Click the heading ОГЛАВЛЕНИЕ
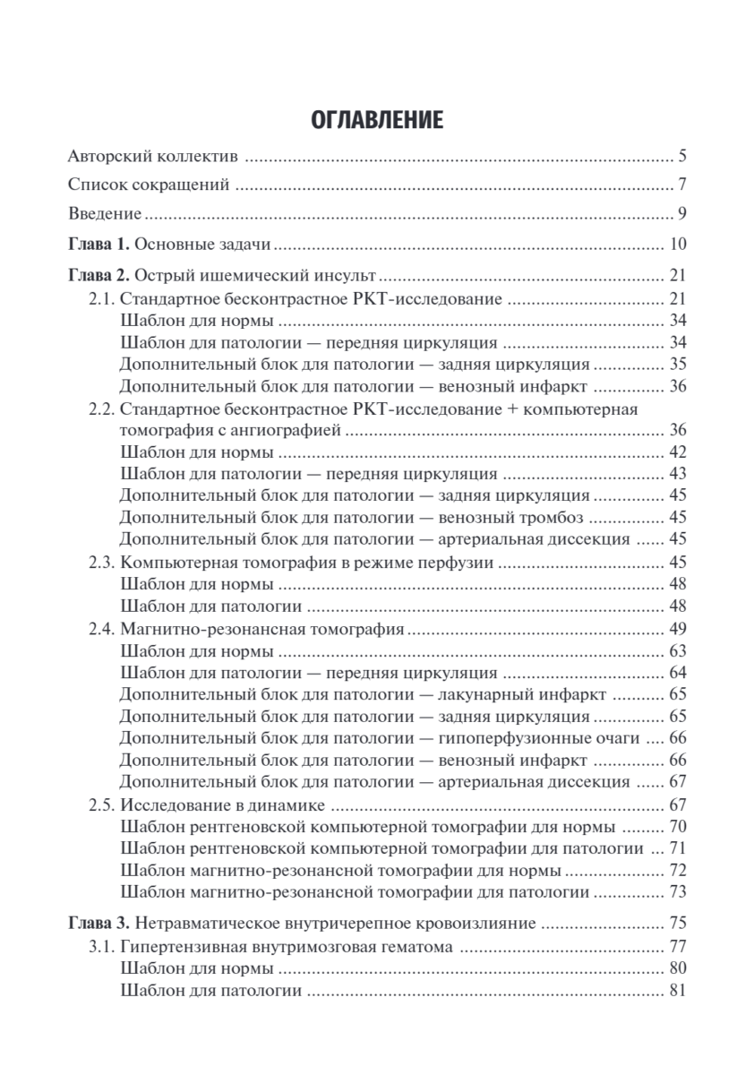pyautogui.click(x=377, y=120)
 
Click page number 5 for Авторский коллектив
pyautogui.click(x=681, y=158)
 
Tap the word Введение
pyautogui.click(x=105, y=215)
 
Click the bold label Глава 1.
pyautogui.click(x=99, y=244)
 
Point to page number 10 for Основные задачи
pyautogui.click(x=677, y=244)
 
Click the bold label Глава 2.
pyautogui.click(x=99, y=275)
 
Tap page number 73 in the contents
pyautogui.click(x=677, y=892)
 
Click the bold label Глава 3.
pyautogui.click(x=99, y=924)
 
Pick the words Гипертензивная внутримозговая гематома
pyautogui.click(x=284, y=946)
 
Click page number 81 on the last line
pyautogui.click(x=677, y=991)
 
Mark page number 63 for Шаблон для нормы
pyautogui.click(x=677, y=651)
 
